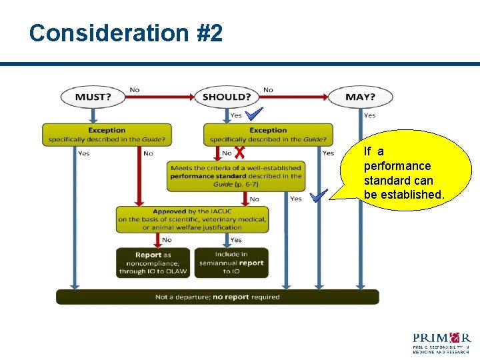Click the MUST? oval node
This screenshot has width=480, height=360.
coord(93,97)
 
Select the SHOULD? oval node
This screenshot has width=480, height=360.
coord(226,97)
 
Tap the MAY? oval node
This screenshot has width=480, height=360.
coord(360,97)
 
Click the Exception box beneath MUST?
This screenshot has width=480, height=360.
coord(107,135)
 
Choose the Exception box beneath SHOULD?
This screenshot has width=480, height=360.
coord(268,135)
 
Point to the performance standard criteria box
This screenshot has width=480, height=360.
coord(235,176)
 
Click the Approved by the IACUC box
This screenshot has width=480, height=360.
coord(193,219)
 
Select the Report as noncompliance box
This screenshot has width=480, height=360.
coord(153,263)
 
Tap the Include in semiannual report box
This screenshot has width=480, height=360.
coord(231,263)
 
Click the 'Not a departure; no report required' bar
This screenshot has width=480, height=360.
coord(217,297)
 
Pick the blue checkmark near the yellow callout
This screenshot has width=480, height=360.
coord(319,195)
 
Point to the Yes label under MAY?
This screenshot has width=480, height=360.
coord(370,115)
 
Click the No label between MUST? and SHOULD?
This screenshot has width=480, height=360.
coord(135,90)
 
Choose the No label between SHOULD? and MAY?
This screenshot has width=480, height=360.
coord(268,90)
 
